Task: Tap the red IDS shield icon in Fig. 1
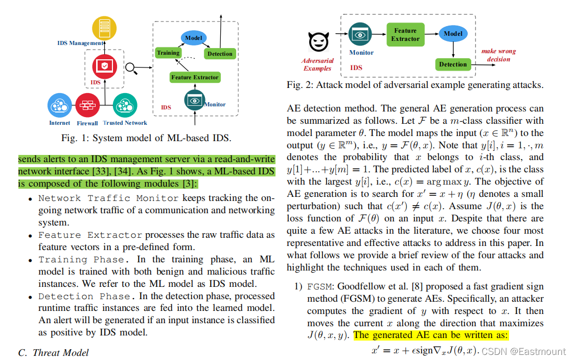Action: coord(104,66)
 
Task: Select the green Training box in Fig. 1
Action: coord(168,53)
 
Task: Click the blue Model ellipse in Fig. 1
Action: coord(194,38)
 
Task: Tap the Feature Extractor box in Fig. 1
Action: coord(195,77)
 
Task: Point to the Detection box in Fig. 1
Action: coord(220,54)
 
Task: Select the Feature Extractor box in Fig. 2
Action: coord(405,34)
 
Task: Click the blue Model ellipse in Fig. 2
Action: coord(453,34)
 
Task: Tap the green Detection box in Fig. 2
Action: coord(453,64)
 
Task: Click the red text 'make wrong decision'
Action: coord(498,55)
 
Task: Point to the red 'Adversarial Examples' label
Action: coord(317,65)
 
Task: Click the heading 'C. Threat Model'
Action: coord(53,352)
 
